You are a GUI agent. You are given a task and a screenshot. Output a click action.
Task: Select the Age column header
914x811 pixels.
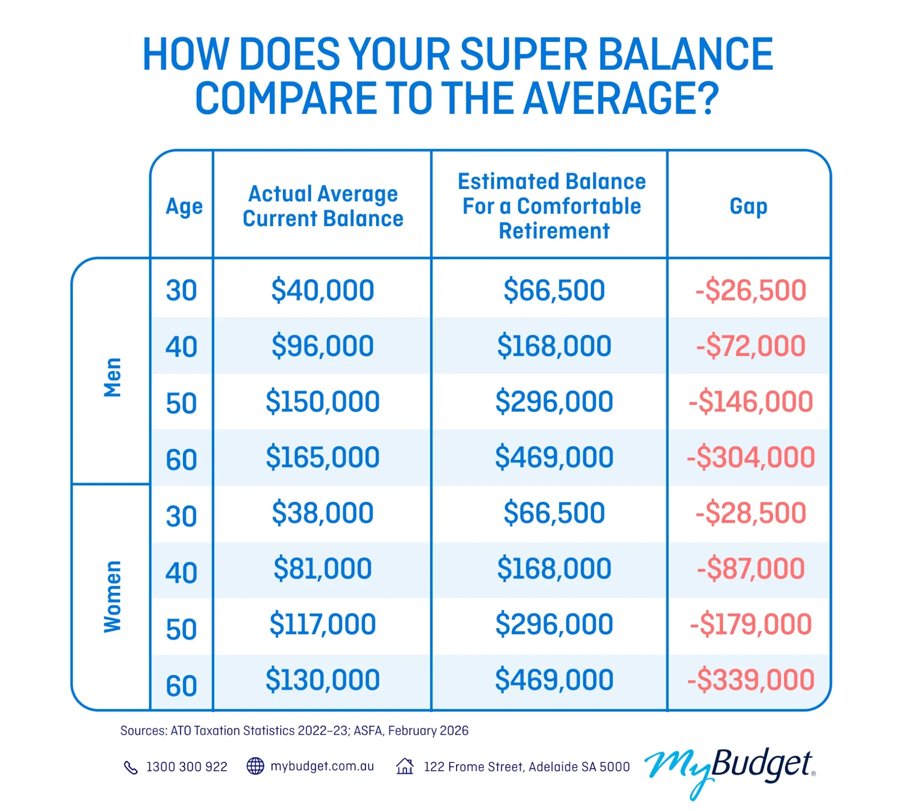click(x=184, y=207)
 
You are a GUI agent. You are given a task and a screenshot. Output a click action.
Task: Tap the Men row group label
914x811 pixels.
click(x=112, y=377)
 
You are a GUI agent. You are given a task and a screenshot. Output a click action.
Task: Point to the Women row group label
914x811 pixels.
click(x=112, y=596)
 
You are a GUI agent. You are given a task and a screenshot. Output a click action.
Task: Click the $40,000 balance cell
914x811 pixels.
click(x=322, y=290)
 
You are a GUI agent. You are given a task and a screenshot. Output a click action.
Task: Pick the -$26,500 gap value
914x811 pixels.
click(x=751, y=290)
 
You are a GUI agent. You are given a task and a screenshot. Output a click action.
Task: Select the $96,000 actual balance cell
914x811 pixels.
click(x=322, y=346)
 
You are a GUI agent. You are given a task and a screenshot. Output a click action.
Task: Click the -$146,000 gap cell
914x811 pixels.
click(x=751, y=401)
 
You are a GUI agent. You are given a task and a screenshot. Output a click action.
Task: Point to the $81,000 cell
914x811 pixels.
click(x=322, y=568)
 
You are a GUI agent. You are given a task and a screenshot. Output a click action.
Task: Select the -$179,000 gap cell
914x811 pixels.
click(x=751, y=624)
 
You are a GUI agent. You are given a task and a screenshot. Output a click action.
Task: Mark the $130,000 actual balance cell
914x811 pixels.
click(x=322, y=679)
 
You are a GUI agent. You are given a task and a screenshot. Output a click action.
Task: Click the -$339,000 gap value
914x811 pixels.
click(x=751, y=679)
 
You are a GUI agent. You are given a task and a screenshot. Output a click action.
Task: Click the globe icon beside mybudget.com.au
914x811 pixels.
click(x=255, y=766)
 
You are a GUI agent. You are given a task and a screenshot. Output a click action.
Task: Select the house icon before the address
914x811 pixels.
click(x=405, y=766)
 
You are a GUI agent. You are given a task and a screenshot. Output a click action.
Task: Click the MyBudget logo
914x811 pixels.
click(x=730, y=772)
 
